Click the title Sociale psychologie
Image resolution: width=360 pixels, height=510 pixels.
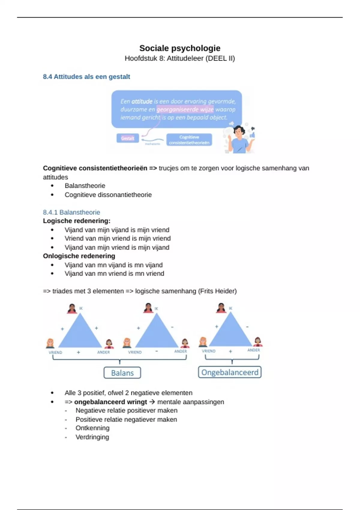pyautogui.click(x=180, y=48)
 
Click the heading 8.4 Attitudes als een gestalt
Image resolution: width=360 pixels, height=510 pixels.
pyautogui.click(x=86, y=77)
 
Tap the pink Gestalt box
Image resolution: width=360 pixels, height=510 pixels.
pyautogui.click(x=127, y=138)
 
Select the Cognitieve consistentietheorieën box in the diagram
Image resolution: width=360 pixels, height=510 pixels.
pyautogui.click(x=189, y=140)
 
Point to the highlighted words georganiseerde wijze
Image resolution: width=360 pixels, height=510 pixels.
pyautogui.click(x=185, y=109)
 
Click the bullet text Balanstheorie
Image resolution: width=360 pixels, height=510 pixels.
pyautogui.click(x=85, y=186)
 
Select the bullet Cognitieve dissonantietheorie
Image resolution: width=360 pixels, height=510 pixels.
pyautogui.click(x=108, y=195)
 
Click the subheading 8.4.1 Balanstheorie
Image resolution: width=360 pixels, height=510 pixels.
pyautogui.click(x=71, y=212)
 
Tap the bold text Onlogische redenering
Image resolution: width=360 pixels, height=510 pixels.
pyautogui.click(x=79, y=256)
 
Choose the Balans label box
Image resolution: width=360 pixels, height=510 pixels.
pyautogui.click(x=122, y=373)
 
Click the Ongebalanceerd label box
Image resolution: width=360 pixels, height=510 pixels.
pyautogui.click(x=230, y=372)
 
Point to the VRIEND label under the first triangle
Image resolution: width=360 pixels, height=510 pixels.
pyautogui.click(x=55, y=352)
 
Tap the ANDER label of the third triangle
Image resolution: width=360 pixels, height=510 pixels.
pyautogui.click(x=253, y=350)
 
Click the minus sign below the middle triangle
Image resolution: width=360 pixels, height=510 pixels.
pyautogui.click(x=157, y=351)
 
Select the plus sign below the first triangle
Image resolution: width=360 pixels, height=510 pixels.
pyautogui.click(x=78, y=352)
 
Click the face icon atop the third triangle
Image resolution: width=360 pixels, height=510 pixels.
pyautogui.click(x=221, y=308)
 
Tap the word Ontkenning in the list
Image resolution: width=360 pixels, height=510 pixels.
pyautogui.click(x=92, y=428)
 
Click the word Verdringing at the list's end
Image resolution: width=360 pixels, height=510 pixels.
pyautogui.click(x=92, y=437)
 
